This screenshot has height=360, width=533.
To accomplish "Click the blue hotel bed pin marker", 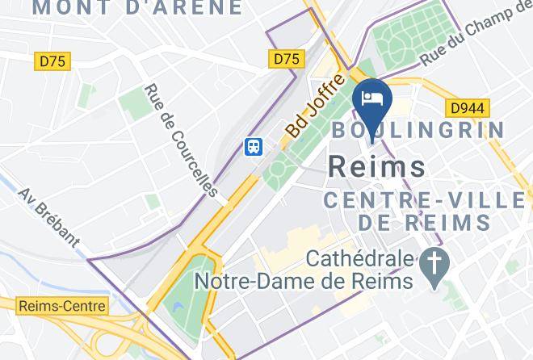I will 374,101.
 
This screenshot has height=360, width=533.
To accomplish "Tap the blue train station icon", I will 254,146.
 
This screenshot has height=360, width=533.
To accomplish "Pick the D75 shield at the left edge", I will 54,60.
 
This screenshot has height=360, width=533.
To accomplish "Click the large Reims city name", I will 377,166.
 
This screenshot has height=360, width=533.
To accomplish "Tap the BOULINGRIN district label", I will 418,130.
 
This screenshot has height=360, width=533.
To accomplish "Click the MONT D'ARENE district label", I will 137,8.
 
